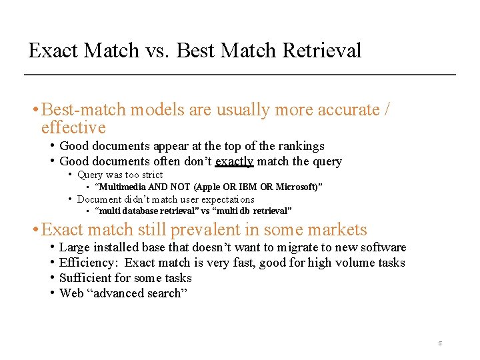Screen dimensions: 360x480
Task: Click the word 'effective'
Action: point(73,127)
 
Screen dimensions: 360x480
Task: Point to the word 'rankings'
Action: point(300,146)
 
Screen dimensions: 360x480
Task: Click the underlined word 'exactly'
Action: point(234,161)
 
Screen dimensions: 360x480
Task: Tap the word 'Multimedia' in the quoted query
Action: point(121,187)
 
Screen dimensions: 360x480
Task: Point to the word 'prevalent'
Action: point(204,230)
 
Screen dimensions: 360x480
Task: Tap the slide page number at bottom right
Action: point(440,343)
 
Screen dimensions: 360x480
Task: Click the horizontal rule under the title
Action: point(240,74)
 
